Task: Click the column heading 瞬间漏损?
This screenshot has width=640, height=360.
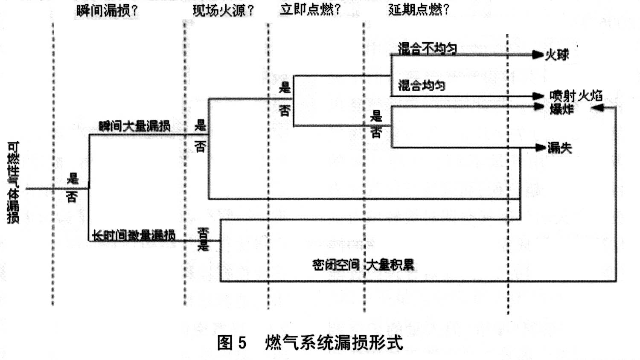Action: [107, 11]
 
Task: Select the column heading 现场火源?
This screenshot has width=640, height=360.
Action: [223, 11]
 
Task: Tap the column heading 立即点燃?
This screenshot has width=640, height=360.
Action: [310, 9]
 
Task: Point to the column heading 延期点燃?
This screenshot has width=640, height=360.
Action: [419, 9]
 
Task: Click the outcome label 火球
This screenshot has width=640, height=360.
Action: [557, 55]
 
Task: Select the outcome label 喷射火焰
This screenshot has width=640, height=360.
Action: [576, 95]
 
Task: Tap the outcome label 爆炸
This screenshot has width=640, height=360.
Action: [561, 109]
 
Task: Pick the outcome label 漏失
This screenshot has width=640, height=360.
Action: [559, 148]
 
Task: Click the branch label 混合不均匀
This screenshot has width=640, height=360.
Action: [427, 49]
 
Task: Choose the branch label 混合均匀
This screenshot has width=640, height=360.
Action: [422, 85]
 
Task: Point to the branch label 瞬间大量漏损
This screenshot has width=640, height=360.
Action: [134, 126]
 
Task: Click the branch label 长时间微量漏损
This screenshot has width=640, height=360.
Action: [134, 235]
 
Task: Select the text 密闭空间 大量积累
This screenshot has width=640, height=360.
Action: [363, 265]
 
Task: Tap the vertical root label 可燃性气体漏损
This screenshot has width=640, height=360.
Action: [13, 183]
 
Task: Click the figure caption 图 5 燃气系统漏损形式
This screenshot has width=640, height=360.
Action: [310, 343]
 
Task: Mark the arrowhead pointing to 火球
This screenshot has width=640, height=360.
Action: [538, 55]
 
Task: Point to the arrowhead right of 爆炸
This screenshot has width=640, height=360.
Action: [598, 107]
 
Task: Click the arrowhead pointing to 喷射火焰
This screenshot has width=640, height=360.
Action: [538, 96]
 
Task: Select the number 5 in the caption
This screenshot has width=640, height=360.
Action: [242, 343]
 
